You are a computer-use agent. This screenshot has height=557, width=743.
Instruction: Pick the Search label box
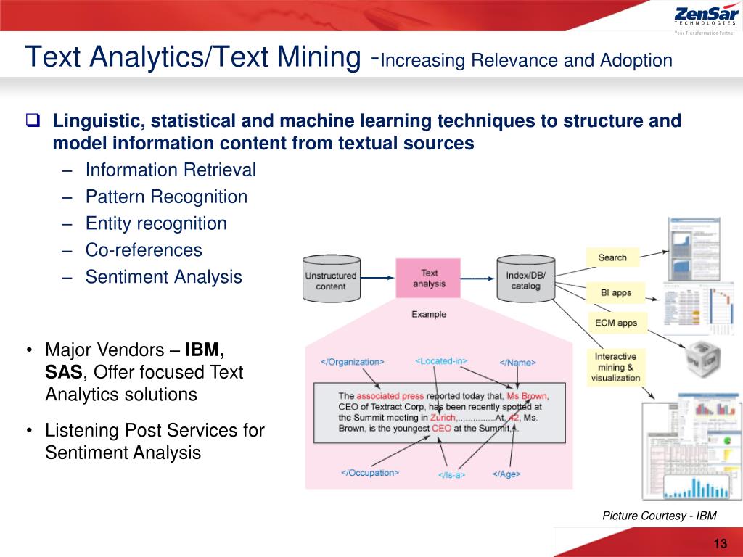coord(612,257)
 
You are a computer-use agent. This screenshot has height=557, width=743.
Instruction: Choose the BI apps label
coord(616,293)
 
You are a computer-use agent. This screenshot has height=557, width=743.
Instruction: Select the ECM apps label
coord(617,323)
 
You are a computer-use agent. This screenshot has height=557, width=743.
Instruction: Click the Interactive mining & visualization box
coord(615,367)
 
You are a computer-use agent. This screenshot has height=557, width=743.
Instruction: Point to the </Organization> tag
coord(353,362)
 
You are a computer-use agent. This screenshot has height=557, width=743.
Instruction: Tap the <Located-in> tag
coord(441,360)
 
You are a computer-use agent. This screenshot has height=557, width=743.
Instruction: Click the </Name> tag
coord(517,362)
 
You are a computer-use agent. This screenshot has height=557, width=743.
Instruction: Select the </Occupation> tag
coord(370,473)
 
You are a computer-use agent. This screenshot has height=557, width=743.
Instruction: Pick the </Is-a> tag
coord(451,475)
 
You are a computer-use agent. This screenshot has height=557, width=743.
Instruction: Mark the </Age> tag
coord(506,474)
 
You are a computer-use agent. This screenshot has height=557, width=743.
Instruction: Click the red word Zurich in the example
coord(443,418)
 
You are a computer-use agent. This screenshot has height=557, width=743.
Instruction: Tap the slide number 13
coord(721,545)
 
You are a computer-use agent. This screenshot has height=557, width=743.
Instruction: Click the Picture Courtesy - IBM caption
coord(660,516)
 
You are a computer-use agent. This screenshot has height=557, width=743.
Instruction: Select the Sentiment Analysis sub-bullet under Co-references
coord(164,277)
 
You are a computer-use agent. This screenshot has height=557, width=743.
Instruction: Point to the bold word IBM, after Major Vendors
coord(205,350)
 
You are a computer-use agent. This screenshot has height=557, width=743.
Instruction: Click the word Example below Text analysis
coord(429,315)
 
